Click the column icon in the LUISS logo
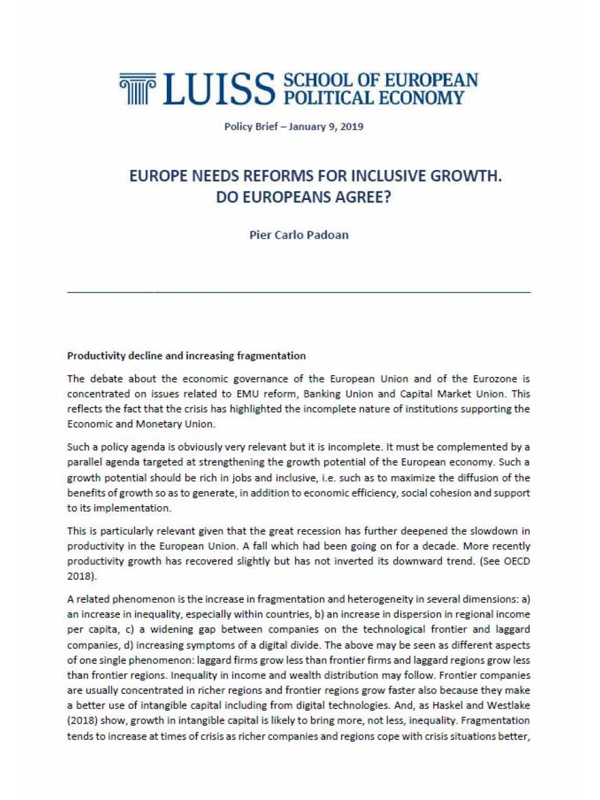[137, 88]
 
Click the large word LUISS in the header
[219, 89]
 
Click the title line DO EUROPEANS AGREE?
[303, 197]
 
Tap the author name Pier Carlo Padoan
[299, 235]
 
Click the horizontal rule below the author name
[299, 292]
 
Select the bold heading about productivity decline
[186, 356]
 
